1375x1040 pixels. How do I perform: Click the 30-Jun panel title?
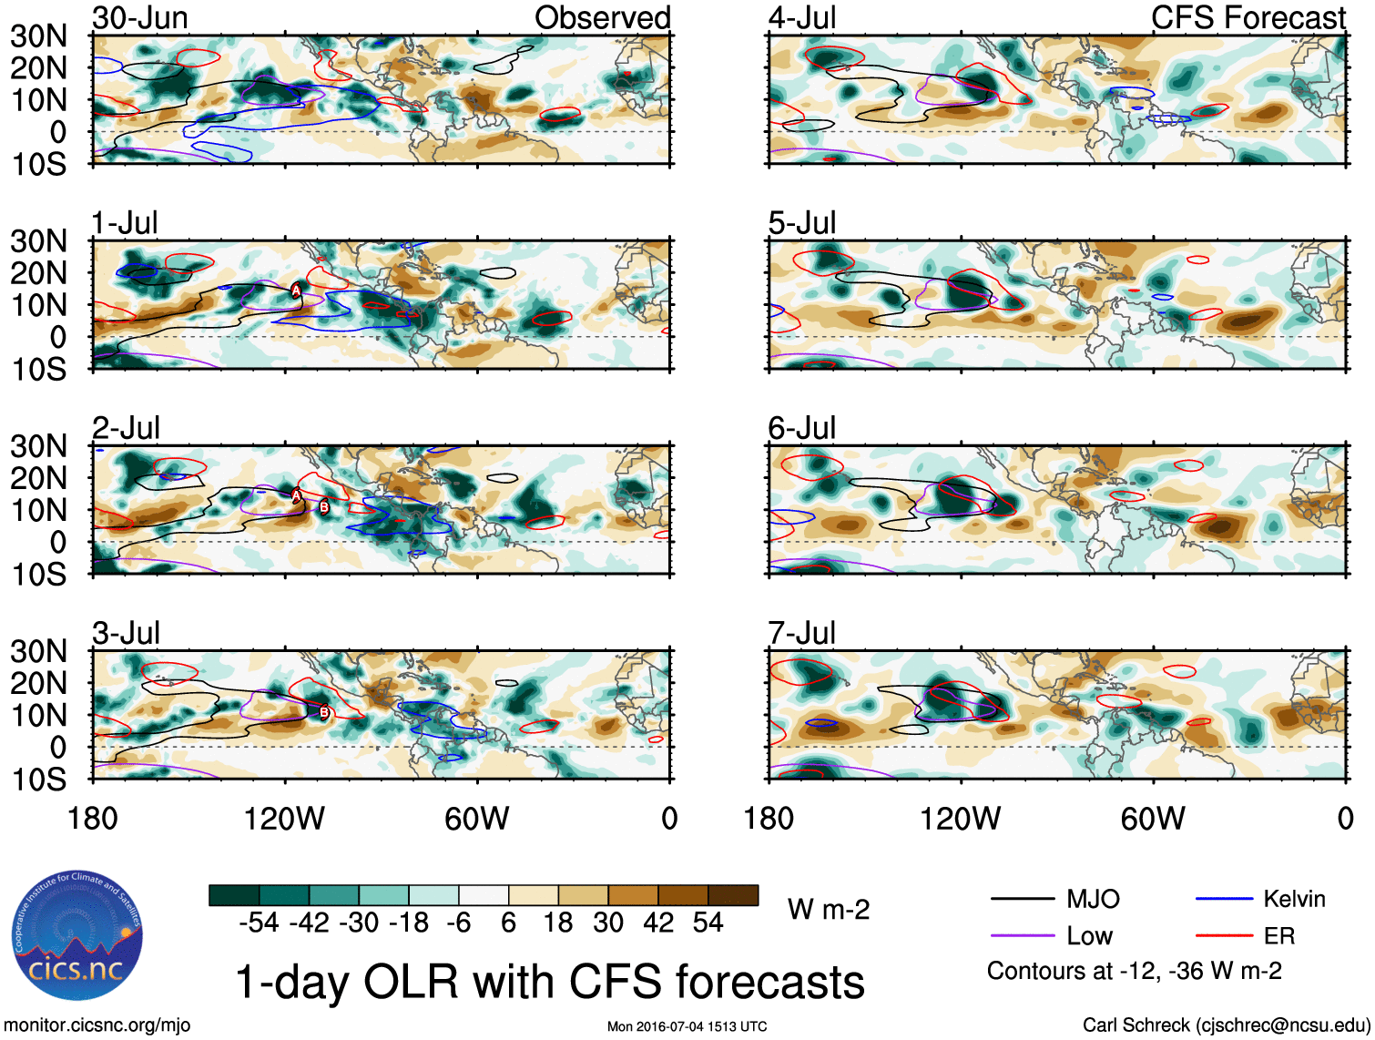(x=140, y=18)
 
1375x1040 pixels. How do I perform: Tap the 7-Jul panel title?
(x=801, y=633)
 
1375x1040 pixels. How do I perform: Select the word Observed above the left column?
(x=602, y=18)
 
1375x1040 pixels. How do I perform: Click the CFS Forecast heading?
(x=1248, y=18)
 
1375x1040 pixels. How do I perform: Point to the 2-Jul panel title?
(x=126, y=428)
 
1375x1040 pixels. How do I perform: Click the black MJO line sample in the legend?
(x=1022, y=900)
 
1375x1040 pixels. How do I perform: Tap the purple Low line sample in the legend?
(x=1022, y=936)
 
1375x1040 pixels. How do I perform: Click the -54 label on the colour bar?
(x=259, y=923)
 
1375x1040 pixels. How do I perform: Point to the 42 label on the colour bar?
(x=658, y=923)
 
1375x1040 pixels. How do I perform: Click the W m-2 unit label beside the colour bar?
(x=829, y=910)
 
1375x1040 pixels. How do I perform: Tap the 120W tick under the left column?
(x=284, y=819)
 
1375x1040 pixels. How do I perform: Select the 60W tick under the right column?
(x=1153, y=819)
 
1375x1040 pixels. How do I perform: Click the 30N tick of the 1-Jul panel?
(x=38, y=241)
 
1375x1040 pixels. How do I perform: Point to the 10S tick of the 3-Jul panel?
(x=38, y=780)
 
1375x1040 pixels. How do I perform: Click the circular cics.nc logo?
(x=77, y=936)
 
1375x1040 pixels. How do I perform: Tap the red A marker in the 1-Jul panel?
(x=296, y=291)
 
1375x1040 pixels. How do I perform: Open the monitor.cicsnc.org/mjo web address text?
(x=97, y=1025)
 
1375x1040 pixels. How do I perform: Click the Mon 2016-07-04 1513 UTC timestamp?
(x=687, y=1027)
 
